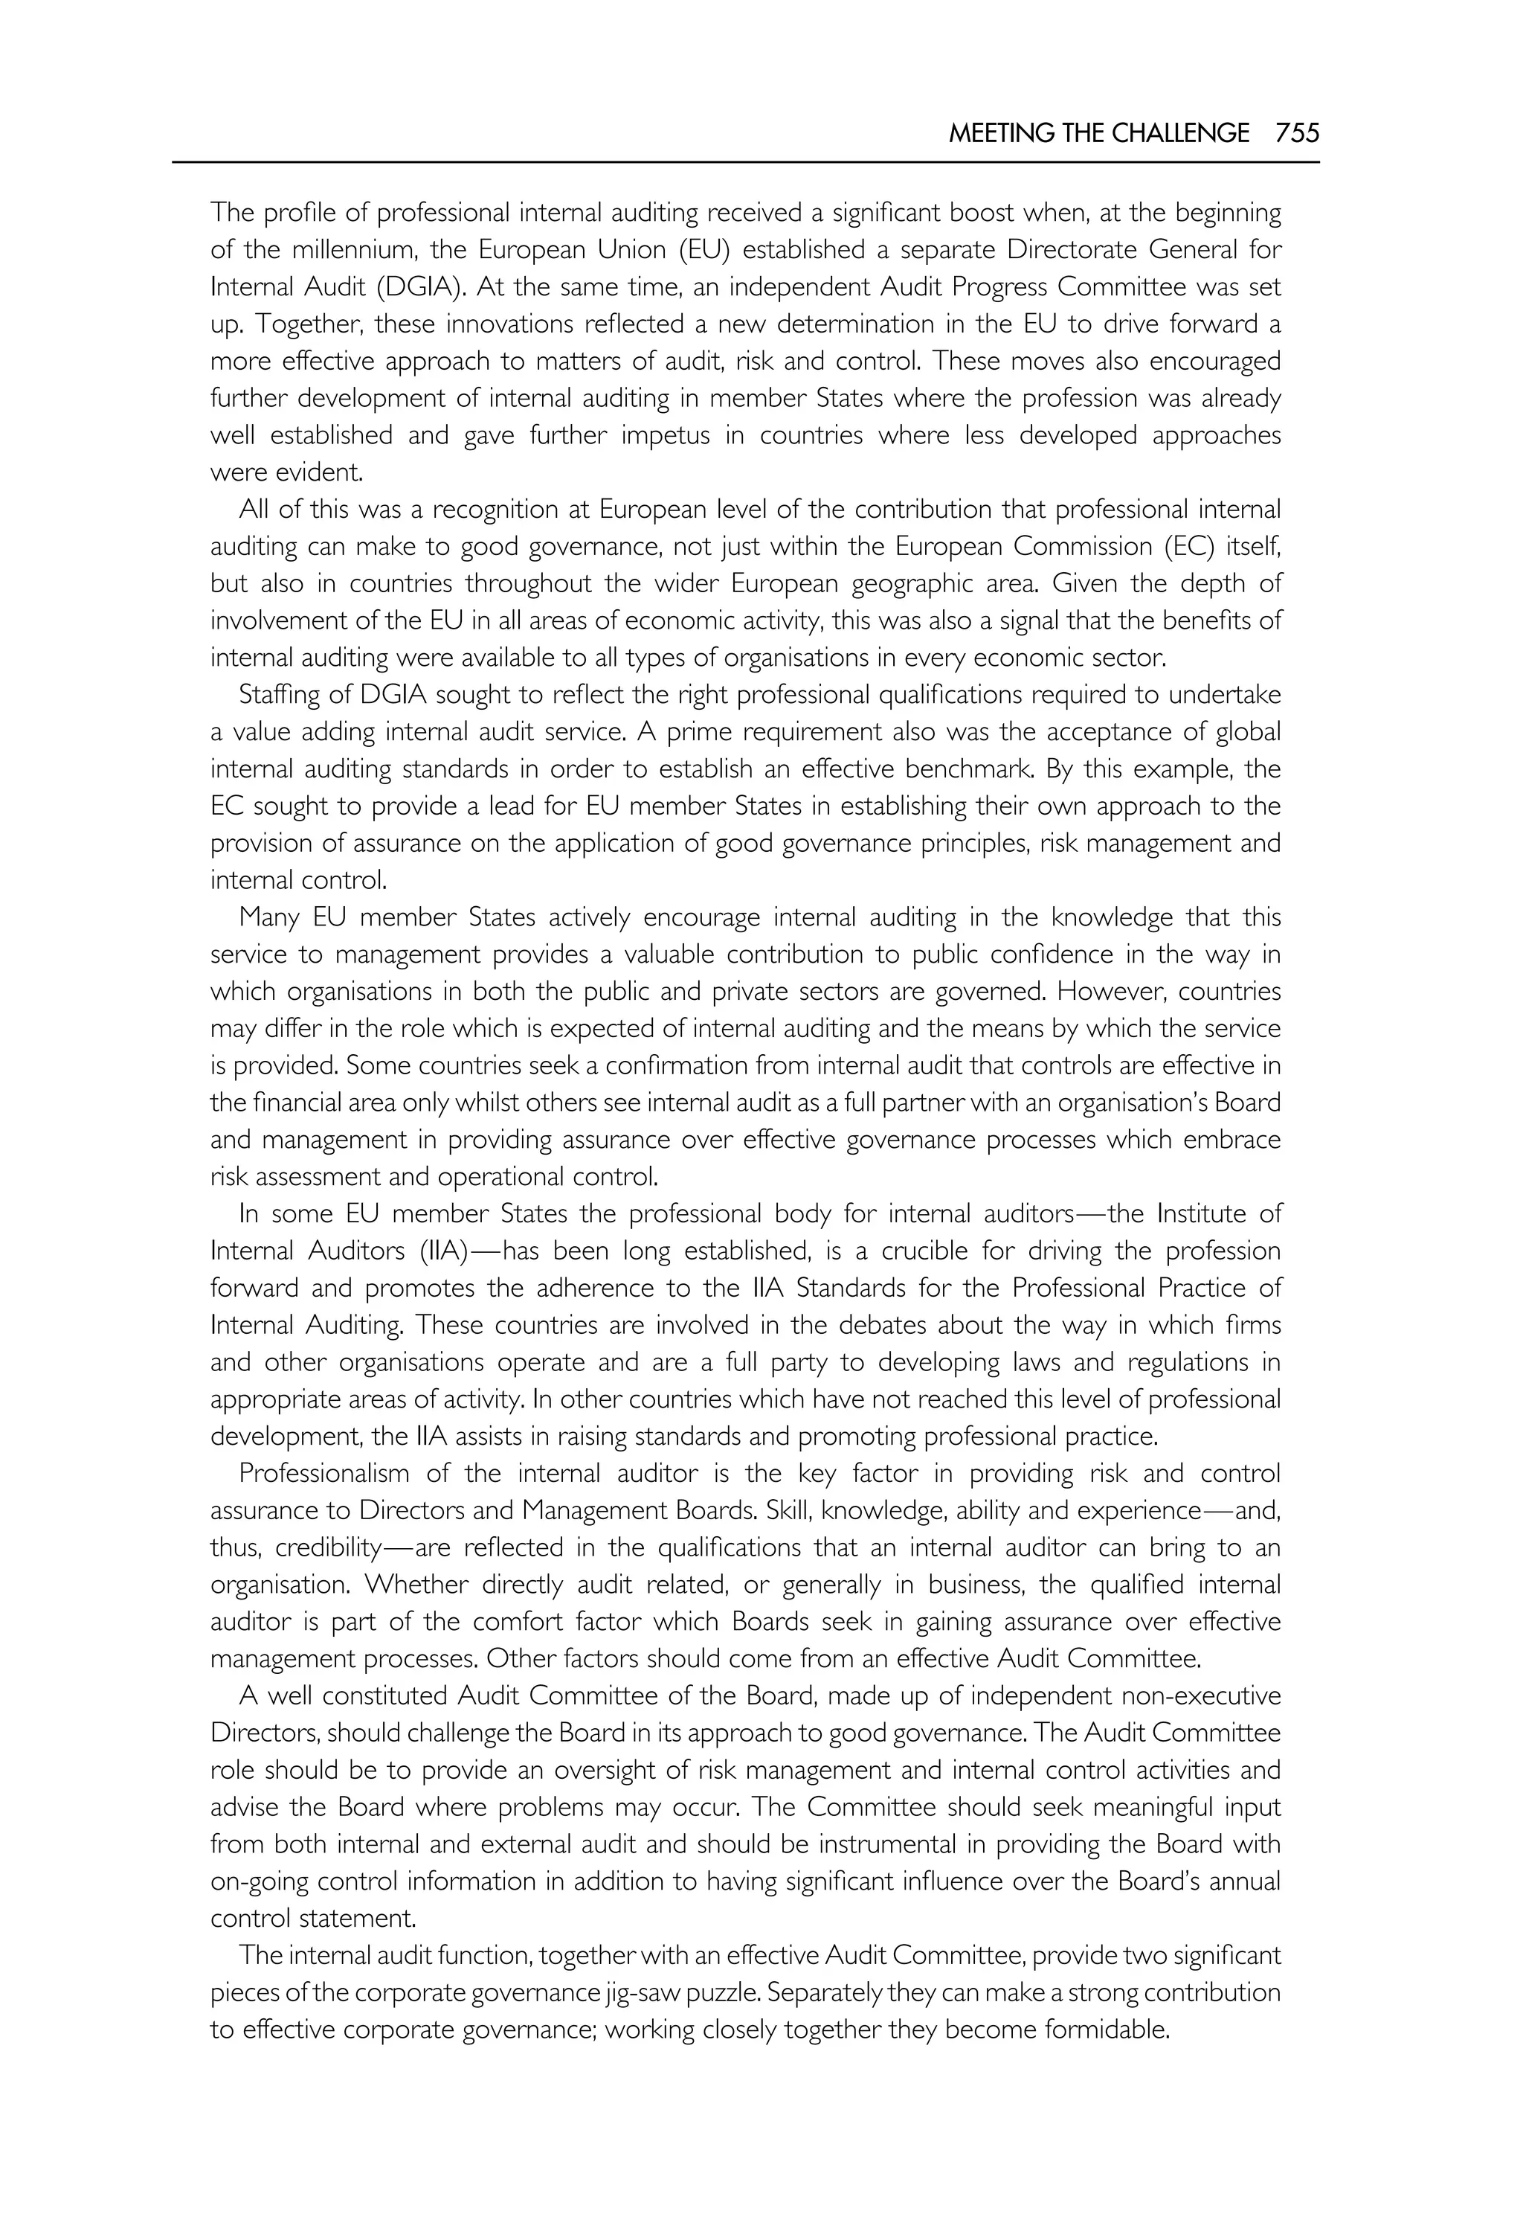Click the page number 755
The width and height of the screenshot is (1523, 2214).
pyautogui.click(x=1297, y=134)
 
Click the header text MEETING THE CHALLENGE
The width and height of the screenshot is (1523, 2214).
pyautogui.click(x=1098, y=134)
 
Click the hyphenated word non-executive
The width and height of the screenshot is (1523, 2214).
pyautogui.click(x=1200, y=1696)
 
